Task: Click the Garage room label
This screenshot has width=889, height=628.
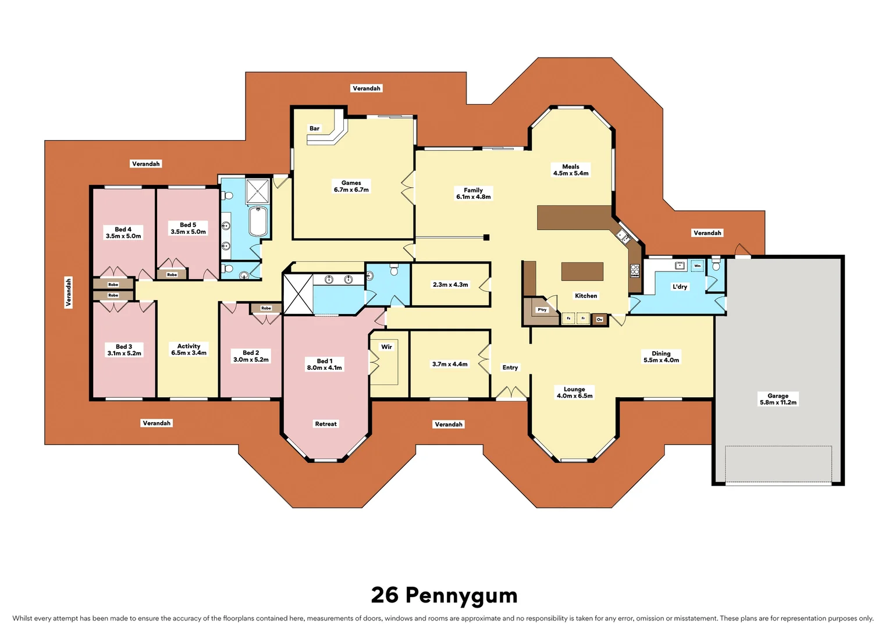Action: point(778,399)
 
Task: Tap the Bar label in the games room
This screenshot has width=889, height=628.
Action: point(314,129)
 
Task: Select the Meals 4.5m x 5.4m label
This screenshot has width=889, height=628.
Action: point(571,170)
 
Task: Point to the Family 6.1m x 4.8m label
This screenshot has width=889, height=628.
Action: point(473,194)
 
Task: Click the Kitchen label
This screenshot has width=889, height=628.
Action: point(586,296)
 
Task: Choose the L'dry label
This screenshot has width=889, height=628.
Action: point(680,287)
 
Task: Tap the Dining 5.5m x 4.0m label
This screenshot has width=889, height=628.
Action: point(661,357)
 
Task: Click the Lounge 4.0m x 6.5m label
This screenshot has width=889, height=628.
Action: point(574,392)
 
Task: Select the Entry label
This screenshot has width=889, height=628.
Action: point(510,367)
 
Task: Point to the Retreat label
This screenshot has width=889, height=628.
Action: point(326,424)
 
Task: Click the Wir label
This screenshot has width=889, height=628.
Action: point(386,347)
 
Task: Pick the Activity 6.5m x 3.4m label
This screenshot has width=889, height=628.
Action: point(189,349)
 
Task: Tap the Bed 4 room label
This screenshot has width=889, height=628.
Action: point(123,233)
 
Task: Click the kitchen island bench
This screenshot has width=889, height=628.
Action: point(582,272)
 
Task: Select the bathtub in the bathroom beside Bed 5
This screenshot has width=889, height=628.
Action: point(258,221)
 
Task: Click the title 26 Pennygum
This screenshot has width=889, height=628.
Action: point(444,595)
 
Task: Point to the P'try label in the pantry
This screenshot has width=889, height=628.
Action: point(542,310)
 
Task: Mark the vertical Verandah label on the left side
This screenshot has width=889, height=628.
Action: point(69,292)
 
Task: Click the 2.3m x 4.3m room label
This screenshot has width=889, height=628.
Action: point(450,285)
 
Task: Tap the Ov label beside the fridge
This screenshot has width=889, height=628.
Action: point(599,319)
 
